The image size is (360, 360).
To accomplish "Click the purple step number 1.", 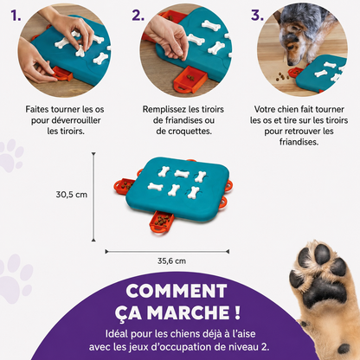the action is pyautogui.click(x=16, y=15).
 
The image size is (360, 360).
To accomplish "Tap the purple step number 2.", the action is pyautogui.click(x=138, y=15).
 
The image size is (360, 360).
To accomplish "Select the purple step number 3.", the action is pyautogui.click(x=257, y=15).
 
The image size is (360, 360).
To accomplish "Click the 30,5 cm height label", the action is pyautogui.click(x=72, y=195).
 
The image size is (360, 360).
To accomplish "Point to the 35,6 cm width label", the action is pyautogui.click(x=171, y=261).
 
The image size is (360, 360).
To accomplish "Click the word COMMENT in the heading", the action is pyautogui.click(x=177, y=291).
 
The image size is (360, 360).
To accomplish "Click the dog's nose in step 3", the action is pyautogui.click(x=291, y=62).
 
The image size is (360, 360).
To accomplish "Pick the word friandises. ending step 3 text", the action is pyautogui.click(x=299, y=142).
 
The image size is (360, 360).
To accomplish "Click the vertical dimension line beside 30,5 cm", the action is pyautogui.click(x=93, y=197).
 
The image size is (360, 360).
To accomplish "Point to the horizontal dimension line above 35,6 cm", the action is pyautogui.click(x=167, y=252).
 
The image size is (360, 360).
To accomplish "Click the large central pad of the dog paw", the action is pyautogui.click(x=325, y=292).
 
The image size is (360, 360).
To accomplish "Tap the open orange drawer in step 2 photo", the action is pyautogui.click(x=190, y=79).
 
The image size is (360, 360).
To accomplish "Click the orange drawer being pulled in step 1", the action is pyautogui.click(x=62, y=74).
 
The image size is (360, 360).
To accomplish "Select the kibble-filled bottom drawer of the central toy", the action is pyautogui.click(x=161, y=222).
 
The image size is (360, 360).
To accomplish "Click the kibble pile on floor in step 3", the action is pyautogui.click(x=282, y=76).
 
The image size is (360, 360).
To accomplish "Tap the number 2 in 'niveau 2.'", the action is pyautogui.click(x=263, y=347).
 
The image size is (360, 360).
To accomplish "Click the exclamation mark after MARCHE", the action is pyautogui.click(x=237, y=312).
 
